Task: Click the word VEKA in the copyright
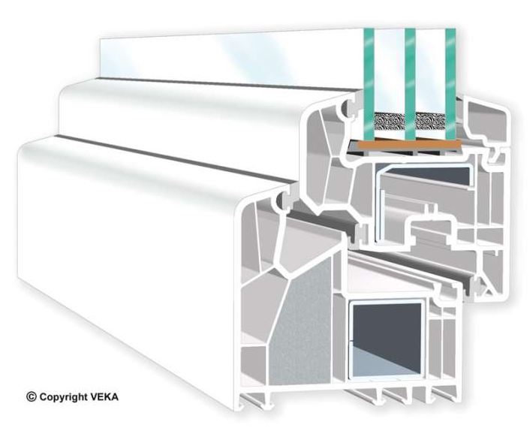tap(104, 396)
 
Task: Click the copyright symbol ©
tap(31, 396)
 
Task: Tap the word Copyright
tap(63, 397)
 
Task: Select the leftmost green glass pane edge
tap(369, 85)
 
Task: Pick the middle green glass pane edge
tap(410, 85)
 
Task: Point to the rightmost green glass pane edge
tap(450, 85)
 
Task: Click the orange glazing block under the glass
tap(409, 146)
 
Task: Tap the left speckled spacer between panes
tap(390, 122)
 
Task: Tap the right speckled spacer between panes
tap(431, 122)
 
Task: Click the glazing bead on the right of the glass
tap(487, 125)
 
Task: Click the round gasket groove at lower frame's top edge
tap(282, 200)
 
